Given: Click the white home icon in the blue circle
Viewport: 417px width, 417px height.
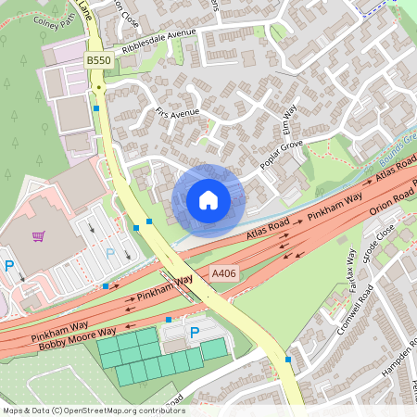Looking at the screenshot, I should pos(208,199).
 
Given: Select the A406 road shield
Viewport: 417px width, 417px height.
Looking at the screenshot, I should pos(222,273).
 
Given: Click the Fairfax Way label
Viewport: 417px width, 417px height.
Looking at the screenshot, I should pos(350,270).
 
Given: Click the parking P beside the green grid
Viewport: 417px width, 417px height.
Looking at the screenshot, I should pos(195,332).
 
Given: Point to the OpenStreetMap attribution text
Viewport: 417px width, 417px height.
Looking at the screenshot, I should pos(93,411).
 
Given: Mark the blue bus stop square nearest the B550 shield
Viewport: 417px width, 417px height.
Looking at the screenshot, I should pos(96,107).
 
